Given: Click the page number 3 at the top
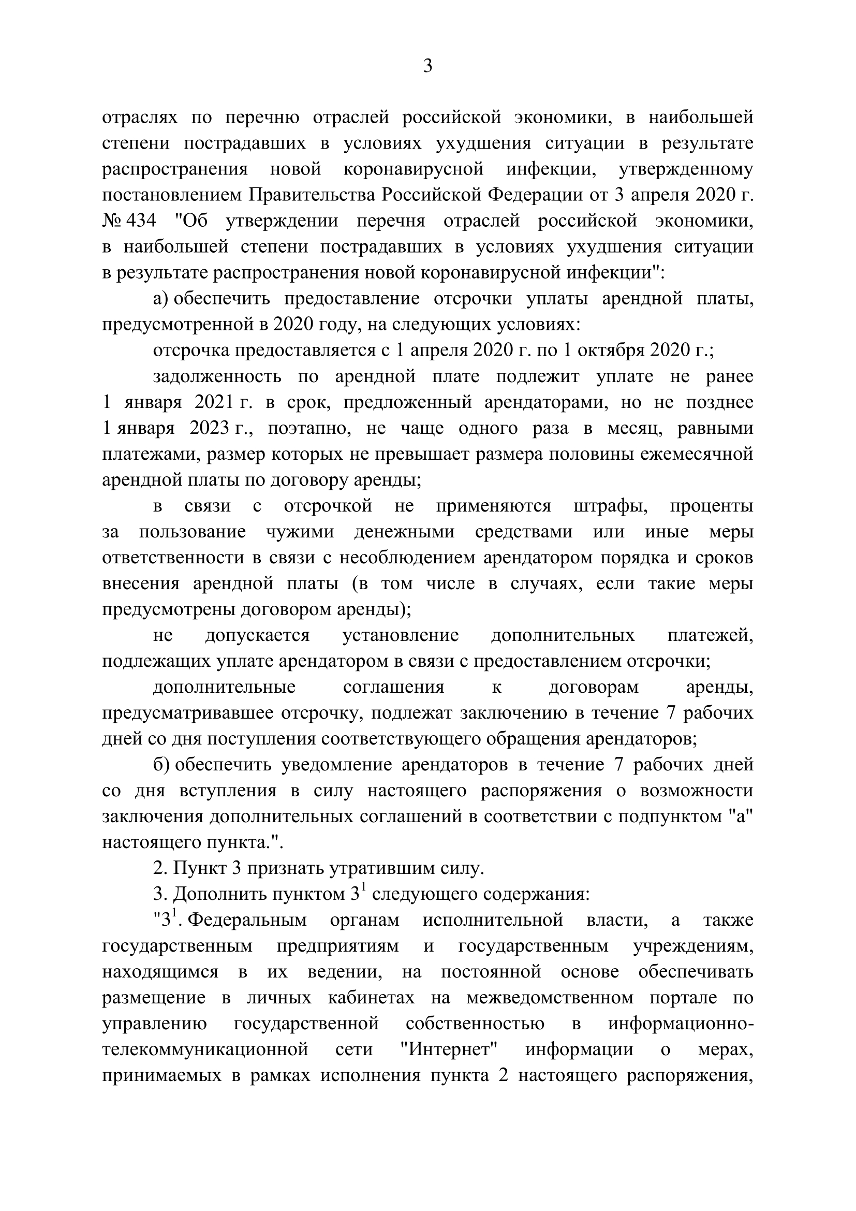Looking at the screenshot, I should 427,66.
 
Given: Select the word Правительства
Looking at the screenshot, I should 313,195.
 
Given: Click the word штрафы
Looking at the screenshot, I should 611,506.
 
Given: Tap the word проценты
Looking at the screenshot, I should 712,506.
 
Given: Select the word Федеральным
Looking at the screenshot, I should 247,921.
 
